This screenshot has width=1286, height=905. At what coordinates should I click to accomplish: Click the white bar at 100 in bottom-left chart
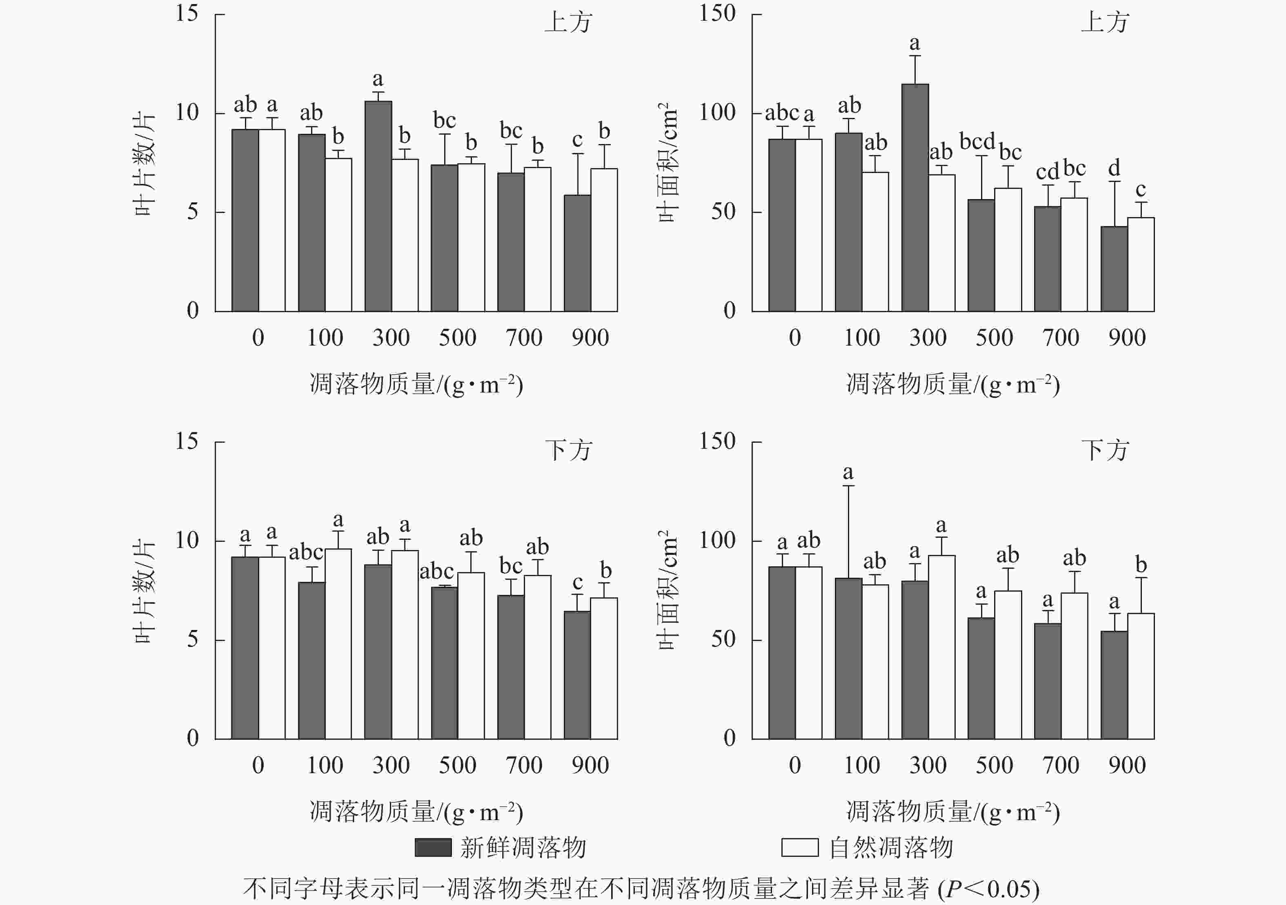(338, 643)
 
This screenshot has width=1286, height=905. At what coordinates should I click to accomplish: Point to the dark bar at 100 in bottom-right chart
(848, 658)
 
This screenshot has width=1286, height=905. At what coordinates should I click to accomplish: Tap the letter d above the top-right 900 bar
(1114, 167)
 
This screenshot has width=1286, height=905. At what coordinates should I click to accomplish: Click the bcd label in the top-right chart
(977, 142)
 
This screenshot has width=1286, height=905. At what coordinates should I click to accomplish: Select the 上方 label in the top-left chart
(568, 22)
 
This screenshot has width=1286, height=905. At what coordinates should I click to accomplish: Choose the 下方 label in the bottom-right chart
(1104, 450)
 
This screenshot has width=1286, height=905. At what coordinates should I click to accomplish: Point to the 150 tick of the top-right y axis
(717, 13)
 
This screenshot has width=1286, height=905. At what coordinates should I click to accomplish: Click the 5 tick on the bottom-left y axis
(193, 639)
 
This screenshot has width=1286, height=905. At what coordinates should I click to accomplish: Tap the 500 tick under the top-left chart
(457, 337)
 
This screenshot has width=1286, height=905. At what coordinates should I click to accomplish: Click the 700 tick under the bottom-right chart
(1060, 765)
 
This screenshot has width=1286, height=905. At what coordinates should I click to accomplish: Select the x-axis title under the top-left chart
(416, 384)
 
